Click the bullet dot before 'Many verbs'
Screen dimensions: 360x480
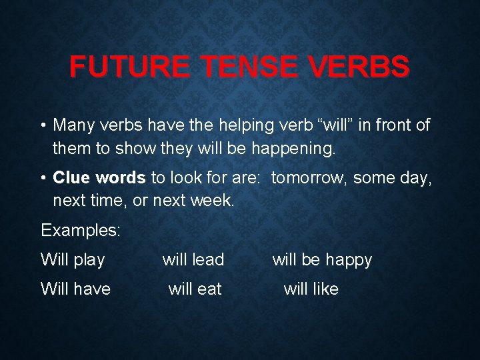point(44,125)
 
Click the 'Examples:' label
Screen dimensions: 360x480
point(81,231)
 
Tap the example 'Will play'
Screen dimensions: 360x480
point(73,260)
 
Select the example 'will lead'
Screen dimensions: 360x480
point(193,260)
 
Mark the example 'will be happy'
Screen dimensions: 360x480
point(322,260)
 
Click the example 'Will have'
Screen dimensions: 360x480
point(75,289)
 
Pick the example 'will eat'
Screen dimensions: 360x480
point(195,289)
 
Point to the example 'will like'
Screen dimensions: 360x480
point(311,289)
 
